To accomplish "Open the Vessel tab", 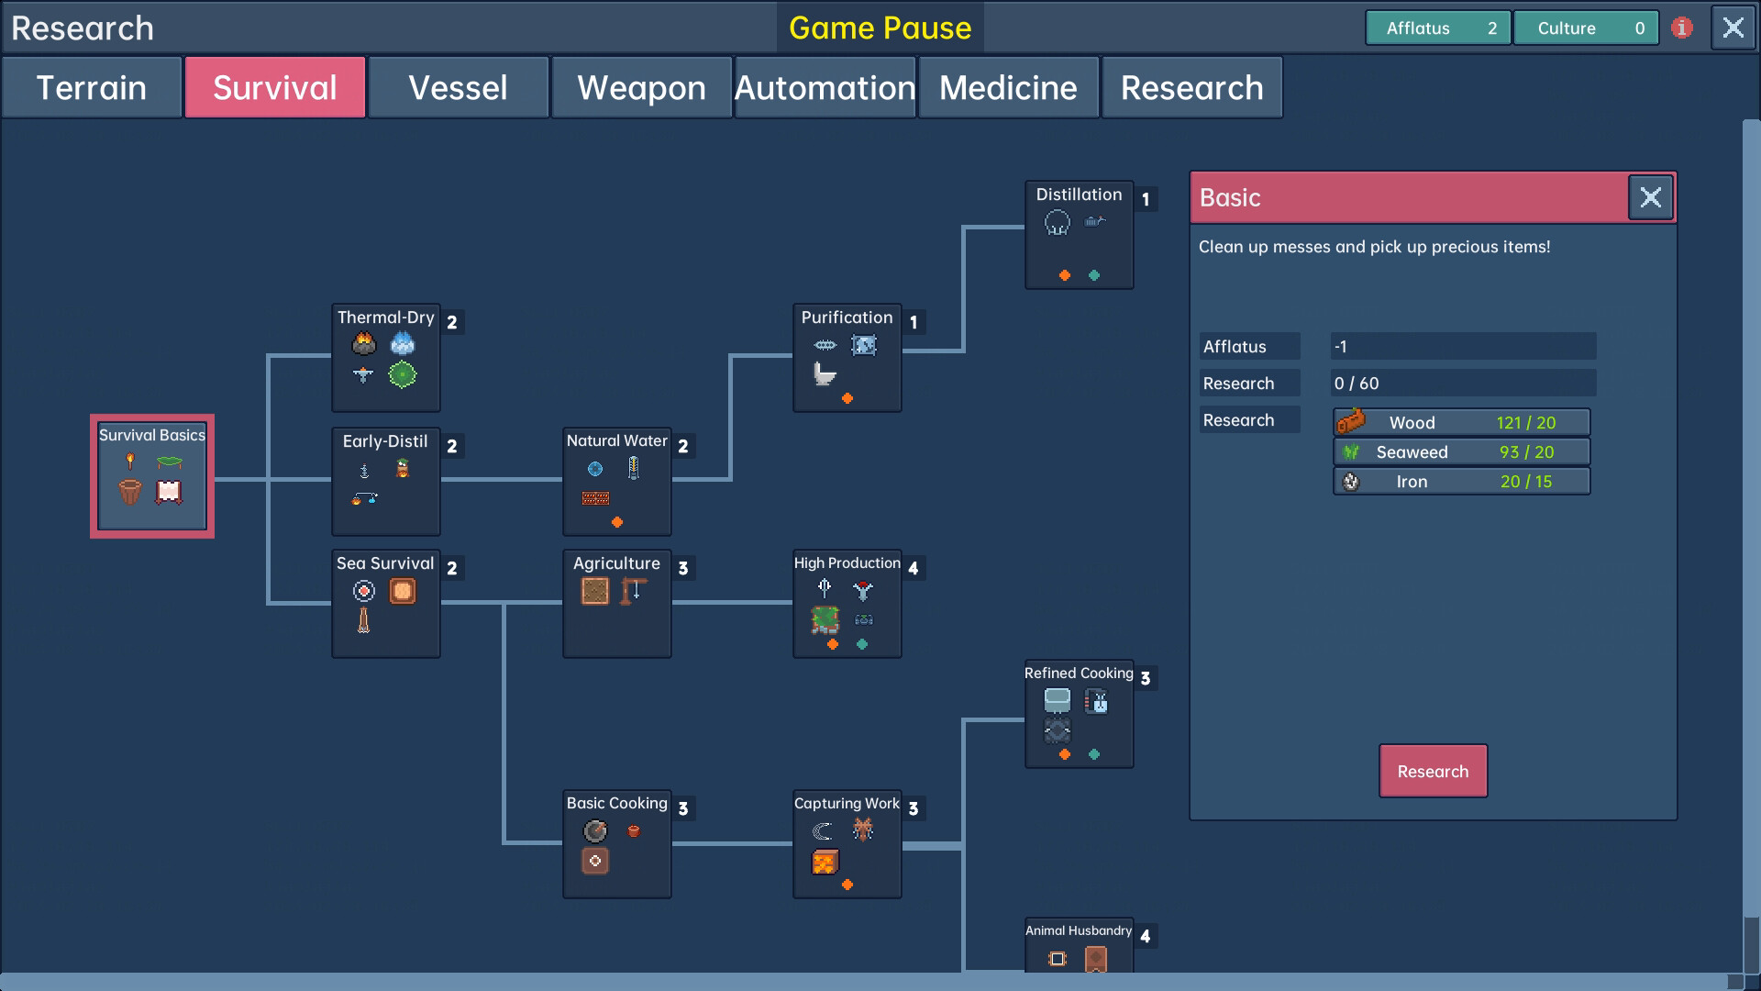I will (458, 88).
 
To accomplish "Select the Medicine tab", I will (1008, 88).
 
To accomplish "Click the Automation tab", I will (825, 88).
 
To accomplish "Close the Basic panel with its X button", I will (1650, 197).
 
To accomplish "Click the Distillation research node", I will (1079, 235).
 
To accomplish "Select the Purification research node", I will (847, 358).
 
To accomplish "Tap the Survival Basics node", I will (152, 476).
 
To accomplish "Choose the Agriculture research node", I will (616, 604).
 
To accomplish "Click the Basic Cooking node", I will (616, 844).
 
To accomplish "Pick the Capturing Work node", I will (847, 844).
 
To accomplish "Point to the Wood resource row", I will (1461, 422).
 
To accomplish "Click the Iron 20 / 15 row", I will (1461, 482).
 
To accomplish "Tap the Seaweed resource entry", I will (1461, 452).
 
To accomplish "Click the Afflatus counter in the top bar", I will (1437, 28).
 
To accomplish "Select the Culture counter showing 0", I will (1585, 28).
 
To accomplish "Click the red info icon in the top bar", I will (1681, 28).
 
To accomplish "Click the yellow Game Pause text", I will (880, 28).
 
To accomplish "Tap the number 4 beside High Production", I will (913, 568).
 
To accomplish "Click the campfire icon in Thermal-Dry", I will (364, 344).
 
